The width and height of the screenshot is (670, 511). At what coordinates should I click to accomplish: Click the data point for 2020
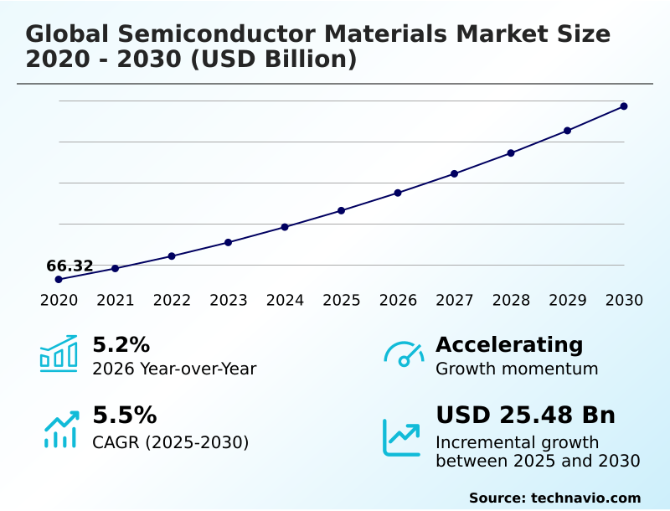coord(59,279)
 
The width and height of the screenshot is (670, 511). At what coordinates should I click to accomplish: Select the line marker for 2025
coord(342,210)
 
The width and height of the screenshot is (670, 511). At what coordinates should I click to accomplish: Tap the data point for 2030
coord(624,106)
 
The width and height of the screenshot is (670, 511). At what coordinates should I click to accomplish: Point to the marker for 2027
coord(454,173)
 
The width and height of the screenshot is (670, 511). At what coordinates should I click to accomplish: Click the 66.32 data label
coord(70,266)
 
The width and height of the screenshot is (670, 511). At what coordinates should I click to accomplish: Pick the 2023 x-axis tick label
coord(229,300)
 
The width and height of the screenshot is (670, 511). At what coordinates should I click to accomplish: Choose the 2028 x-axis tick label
coord(511,300)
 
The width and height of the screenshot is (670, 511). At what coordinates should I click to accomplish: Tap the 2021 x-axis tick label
coord(116,300)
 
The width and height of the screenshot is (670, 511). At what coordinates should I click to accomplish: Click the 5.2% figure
coord(121,344)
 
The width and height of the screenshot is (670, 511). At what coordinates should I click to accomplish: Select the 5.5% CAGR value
coord(124,416)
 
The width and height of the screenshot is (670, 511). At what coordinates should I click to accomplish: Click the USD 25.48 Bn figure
coord(525,416)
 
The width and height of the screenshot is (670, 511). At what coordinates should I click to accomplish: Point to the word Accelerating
coord(509,344)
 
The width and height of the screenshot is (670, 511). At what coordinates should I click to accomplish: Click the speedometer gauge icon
coord(404,354)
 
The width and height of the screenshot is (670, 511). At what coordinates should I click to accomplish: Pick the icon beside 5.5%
coord(61,429)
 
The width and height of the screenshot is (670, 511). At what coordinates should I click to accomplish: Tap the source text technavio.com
coord(585,498)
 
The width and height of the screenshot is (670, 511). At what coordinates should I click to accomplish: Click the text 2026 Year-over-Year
coord(174,369)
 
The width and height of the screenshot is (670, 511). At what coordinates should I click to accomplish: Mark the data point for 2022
coord(172,255)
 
